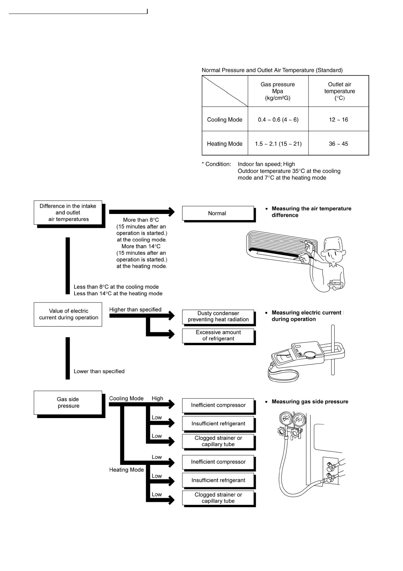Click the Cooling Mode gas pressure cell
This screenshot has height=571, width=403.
[x=278, y=119]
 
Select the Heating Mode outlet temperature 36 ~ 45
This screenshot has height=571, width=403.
[x=338, y=144]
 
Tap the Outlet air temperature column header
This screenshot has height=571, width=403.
[x=339, y=91]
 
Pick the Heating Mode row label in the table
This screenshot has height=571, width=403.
[x=225, y=144]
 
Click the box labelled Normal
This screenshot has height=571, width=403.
[x=218, y=213]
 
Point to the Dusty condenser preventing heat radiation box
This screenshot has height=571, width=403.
[x=218, y=316]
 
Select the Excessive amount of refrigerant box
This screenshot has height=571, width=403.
[x=218, y=335]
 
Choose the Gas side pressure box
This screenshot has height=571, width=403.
[x=68, y=402]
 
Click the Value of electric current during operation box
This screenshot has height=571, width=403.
[x=68, y=314]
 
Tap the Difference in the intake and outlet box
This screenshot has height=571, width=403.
[x=68, y=213]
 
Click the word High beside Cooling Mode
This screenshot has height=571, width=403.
[x=157, y=398]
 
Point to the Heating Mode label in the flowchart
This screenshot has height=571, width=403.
[x=126, y=470]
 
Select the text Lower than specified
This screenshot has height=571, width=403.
[x=99, y=371]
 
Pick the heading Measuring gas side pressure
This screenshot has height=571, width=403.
[x=310, y=401]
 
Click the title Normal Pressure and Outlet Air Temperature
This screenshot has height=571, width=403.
[x=272, y=70]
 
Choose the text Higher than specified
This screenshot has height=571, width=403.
[x=135, y=310]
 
